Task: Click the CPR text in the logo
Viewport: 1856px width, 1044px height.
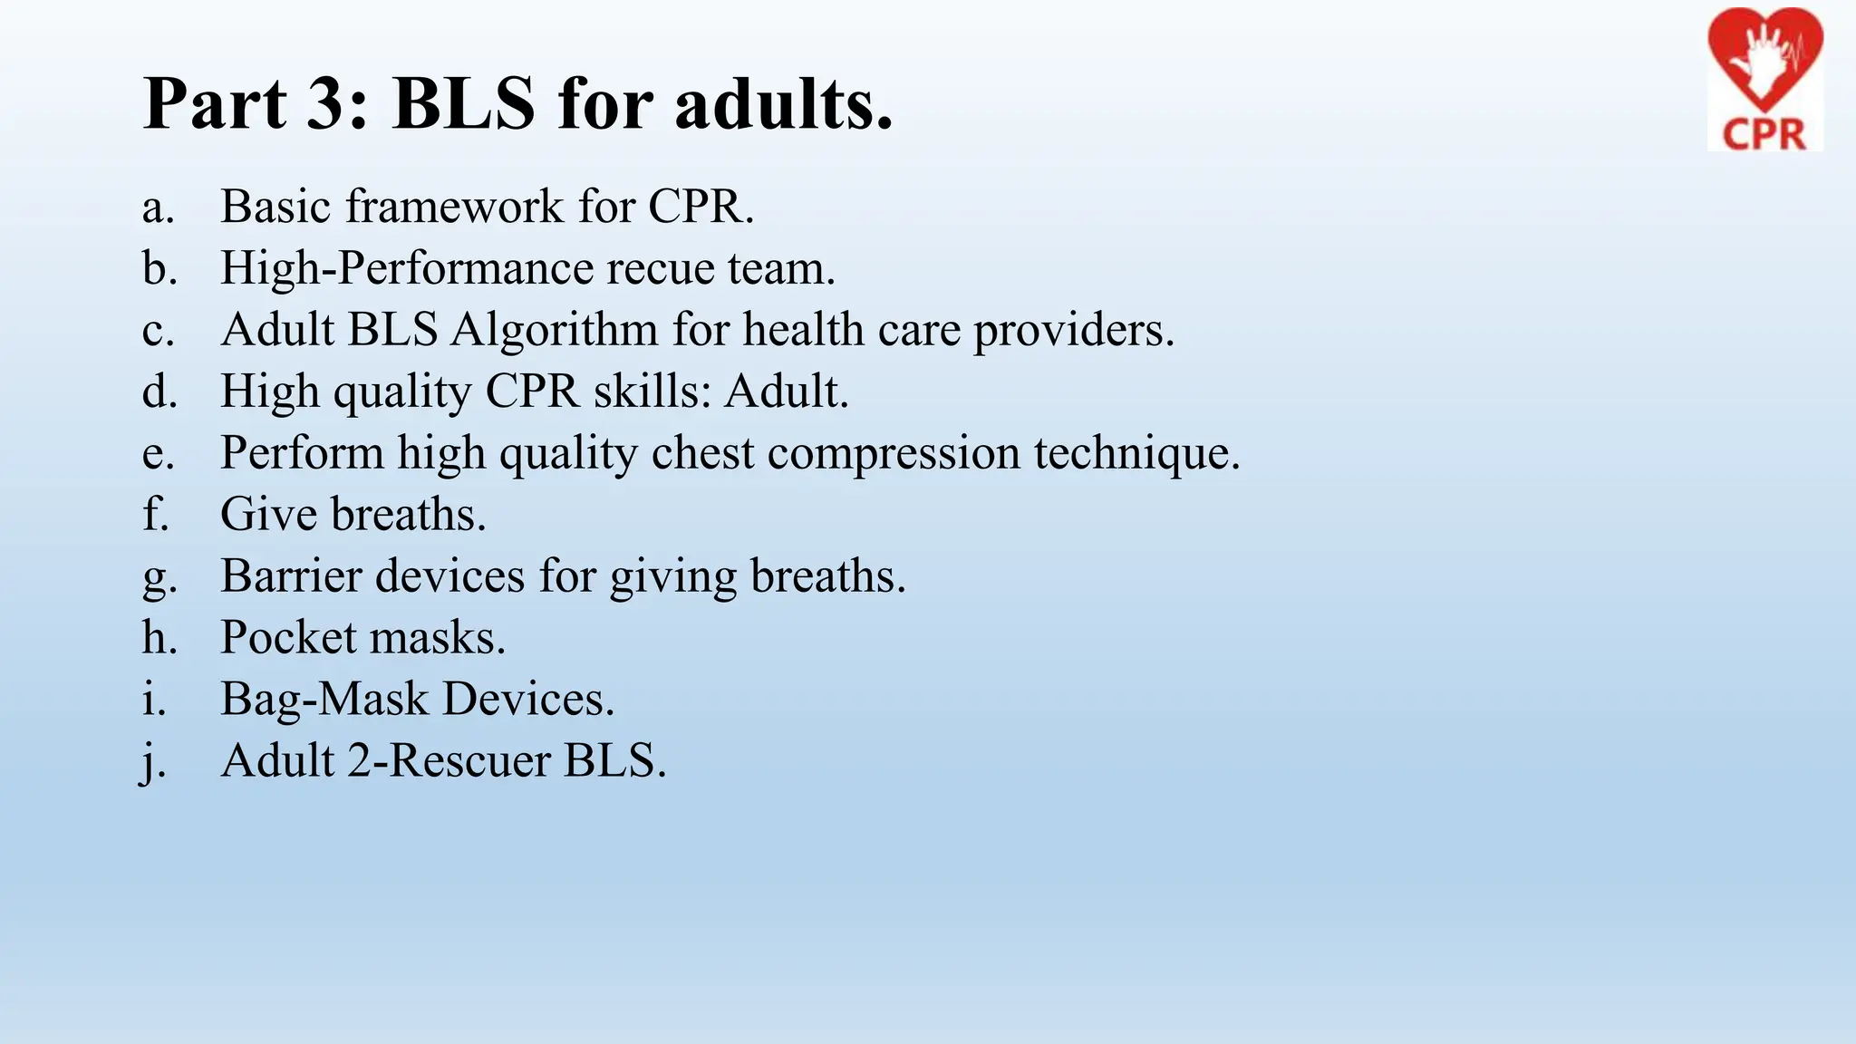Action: coord(1764,134)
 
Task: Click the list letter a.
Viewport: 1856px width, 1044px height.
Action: coord(157,208)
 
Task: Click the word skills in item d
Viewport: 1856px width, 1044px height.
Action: coord(652,391)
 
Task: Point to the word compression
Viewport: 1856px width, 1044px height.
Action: coord(894,453)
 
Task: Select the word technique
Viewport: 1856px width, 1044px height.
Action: coord(1136,453)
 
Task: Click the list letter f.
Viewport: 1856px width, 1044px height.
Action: coord(155,514)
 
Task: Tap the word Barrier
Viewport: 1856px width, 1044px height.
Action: coord(295,575)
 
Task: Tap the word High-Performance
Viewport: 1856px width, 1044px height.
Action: coord(406,269)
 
